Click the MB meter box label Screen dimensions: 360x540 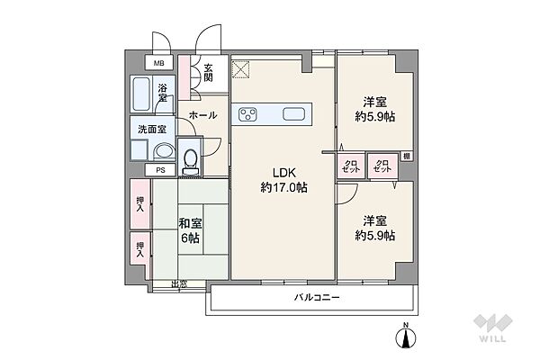click(158, 63)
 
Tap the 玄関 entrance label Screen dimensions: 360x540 click(207, 73)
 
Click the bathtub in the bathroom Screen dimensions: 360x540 click(143, 94)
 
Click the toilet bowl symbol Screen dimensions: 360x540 click(190, 158)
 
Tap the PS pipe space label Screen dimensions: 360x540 click(160, 169)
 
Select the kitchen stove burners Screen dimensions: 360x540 click(248, 114)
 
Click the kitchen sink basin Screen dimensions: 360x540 click(294, 114)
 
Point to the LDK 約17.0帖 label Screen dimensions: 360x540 click(284, 180)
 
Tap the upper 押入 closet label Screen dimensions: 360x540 click(139, 205)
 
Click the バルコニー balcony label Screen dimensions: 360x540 click(316, 299)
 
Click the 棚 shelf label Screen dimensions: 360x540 click(408, 157)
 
